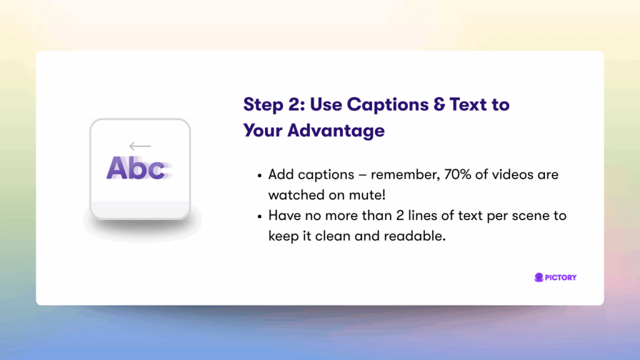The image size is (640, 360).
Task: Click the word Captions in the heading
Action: (x=387, y=105)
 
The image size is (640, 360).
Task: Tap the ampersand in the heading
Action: (x=439, y=104)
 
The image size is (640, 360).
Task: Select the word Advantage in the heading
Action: (x=336, y=131)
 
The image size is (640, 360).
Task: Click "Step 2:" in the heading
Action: (x=274, y=105)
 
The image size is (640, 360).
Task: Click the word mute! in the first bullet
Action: (x=367, y=195)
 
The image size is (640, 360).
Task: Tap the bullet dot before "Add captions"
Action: (x=259, y=176)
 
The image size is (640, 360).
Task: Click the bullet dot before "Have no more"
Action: (x=259, y=217)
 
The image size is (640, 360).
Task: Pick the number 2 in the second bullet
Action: (x=400, y=216)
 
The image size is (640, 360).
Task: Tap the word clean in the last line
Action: (x=332, y=236)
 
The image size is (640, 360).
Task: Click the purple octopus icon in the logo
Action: (x=539, y=277)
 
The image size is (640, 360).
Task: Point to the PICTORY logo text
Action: (x=561, y=277)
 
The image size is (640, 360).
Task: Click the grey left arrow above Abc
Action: (x=140, y=146)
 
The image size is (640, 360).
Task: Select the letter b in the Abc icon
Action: (x=138, y=167)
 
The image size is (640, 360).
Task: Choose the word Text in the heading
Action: (x=468, y=105)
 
